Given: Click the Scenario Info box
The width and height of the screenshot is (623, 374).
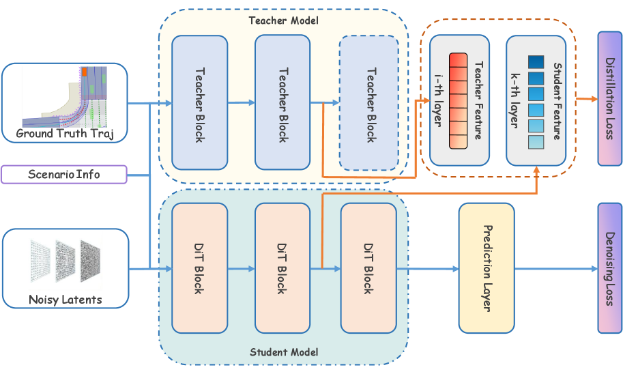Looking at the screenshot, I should tap(64, 174).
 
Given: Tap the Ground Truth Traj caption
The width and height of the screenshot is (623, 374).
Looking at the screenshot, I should tap(64, 132).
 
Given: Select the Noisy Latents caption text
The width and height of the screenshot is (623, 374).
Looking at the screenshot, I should tap(65, 299).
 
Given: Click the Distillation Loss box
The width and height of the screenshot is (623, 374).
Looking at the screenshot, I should tap(610, 98).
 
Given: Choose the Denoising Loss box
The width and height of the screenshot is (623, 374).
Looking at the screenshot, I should tap(610, 268).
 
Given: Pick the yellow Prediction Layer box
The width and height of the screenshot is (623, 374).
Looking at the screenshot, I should tap(487, 268).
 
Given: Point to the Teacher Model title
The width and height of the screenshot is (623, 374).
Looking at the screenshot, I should tap(283, 21).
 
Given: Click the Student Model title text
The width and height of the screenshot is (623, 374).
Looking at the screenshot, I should tap(284, 352).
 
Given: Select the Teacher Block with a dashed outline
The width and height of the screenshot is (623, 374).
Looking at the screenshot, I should tap(369, 103).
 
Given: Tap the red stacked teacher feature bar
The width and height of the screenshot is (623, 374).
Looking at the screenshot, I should tap(458, 101).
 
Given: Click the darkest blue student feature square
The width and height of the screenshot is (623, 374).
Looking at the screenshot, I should tap(536, 61).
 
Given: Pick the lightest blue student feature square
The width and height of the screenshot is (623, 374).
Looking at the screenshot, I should tap(536, 142).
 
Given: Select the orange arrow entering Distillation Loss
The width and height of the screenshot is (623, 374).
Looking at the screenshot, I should tap(586, 100).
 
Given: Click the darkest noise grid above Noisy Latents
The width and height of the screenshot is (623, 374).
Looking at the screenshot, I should tap(93, 260).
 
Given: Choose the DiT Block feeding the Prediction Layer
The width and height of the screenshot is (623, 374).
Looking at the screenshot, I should tap(368, 268).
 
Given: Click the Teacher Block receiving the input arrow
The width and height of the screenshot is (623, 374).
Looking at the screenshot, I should tap(199, 103).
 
